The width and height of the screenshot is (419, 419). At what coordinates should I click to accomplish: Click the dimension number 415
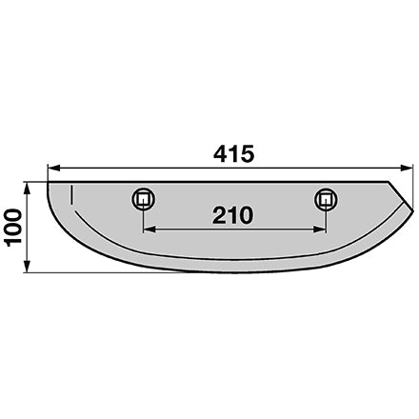point(233,154)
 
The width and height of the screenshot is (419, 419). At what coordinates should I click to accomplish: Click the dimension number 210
point(232,215)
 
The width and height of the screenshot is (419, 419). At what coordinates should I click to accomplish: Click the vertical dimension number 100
point(13,228)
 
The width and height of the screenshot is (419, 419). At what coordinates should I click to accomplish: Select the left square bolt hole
point(144,199)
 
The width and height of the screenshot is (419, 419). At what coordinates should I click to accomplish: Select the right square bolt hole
point(326,200)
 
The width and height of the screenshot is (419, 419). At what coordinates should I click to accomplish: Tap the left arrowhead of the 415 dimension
point(53,168)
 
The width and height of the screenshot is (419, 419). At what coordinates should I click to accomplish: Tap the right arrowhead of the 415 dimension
point(407,168)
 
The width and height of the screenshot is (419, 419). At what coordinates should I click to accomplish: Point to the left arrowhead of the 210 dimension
point(150,229)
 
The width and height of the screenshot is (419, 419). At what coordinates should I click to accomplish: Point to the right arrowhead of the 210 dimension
point(319,229)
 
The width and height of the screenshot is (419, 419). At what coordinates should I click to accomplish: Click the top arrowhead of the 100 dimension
point(28,189)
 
